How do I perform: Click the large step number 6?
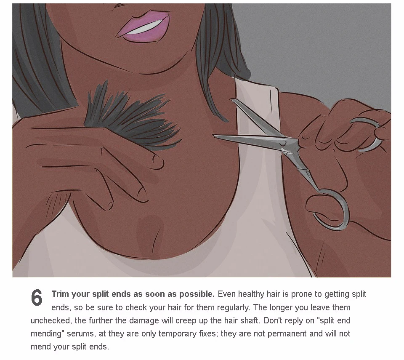pyautogui.click(x=37, y=298)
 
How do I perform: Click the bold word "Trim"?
pyautogui.click(x=60, y=294)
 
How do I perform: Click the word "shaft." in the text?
pyautogui.click(x=250, y=320)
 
